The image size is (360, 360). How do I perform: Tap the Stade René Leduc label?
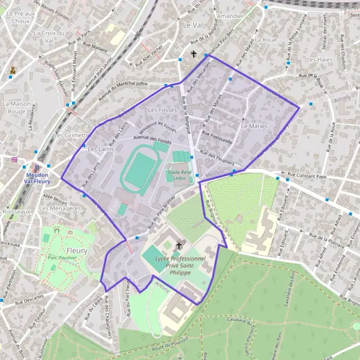(x=179, y=175)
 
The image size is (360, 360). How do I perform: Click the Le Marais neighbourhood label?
(x=253, y=127)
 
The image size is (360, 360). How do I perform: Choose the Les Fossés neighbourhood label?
(x=161, y=110)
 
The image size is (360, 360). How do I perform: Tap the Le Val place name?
(x=193, y=25)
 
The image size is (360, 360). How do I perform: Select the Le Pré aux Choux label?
(x=18, y=16)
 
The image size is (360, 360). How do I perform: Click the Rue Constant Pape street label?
(x=306, y=176)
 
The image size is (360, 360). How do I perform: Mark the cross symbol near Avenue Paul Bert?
(x=194, y=55)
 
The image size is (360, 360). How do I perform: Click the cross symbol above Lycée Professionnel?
(x=178, y=246)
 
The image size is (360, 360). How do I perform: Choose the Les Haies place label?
(x=319, y=60)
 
